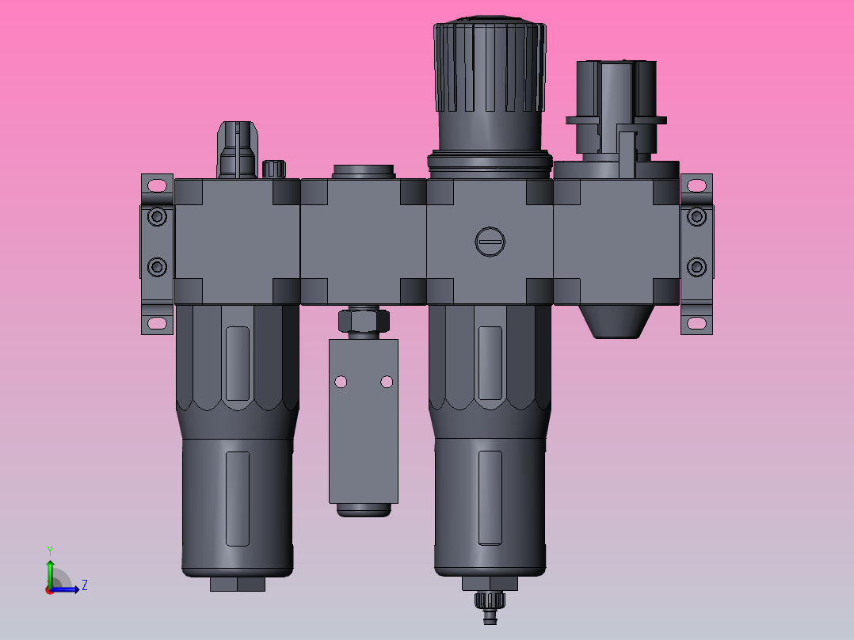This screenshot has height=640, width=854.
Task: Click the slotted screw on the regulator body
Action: point(490,242)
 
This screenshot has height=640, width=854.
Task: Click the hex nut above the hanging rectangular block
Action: point(364,321)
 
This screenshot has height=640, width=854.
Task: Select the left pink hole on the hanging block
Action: point(341,382)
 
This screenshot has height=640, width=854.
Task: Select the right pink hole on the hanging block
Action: point(387,382)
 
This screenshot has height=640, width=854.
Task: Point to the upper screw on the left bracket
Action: point(158,216)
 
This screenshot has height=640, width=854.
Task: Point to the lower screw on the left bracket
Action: point(158,266)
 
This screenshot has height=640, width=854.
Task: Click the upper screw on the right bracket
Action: point(696,216)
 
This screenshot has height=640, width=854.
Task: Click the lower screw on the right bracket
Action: point(696,266)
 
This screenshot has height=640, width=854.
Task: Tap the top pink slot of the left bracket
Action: point(157,185)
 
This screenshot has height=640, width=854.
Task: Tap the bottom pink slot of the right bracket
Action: point(696,322)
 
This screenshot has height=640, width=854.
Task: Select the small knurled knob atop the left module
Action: point(273,169)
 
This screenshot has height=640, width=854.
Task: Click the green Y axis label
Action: point(49,550)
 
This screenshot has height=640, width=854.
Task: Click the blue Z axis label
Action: point(84,585)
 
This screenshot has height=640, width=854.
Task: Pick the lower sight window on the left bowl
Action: point(238,498)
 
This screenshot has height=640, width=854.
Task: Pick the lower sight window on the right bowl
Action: point(490,497)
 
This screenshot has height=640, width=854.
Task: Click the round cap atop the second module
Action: point(364,171)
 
